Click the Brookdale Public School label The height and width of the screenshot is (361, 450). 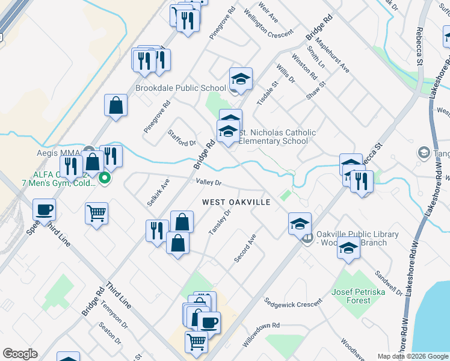click(180, 88)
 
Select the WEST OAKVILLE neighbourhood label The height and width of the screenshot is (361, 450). click(236, 202)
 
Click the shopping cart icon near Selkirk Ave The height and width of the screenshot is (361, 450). click(97, 213)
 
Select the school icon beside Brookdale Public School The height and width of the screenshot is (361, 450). click(241, 79)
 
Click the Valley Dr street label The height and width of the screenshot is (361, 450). click(209, 182)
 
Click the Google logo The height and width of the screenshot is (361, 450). click(20, 354)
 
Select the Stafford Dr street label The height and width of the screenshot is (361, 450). click(182, 136)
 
